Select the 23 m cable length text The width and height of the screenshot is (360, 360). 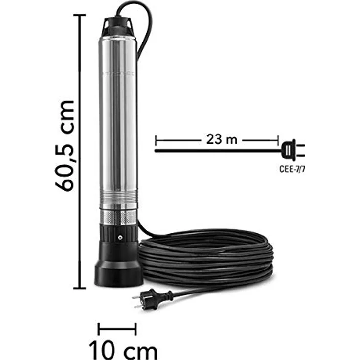(218, 140)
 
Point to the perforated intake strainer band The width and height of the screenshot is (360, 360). (119, 217)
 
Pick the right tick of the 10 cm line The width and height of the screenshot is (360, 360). (135, 329)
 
